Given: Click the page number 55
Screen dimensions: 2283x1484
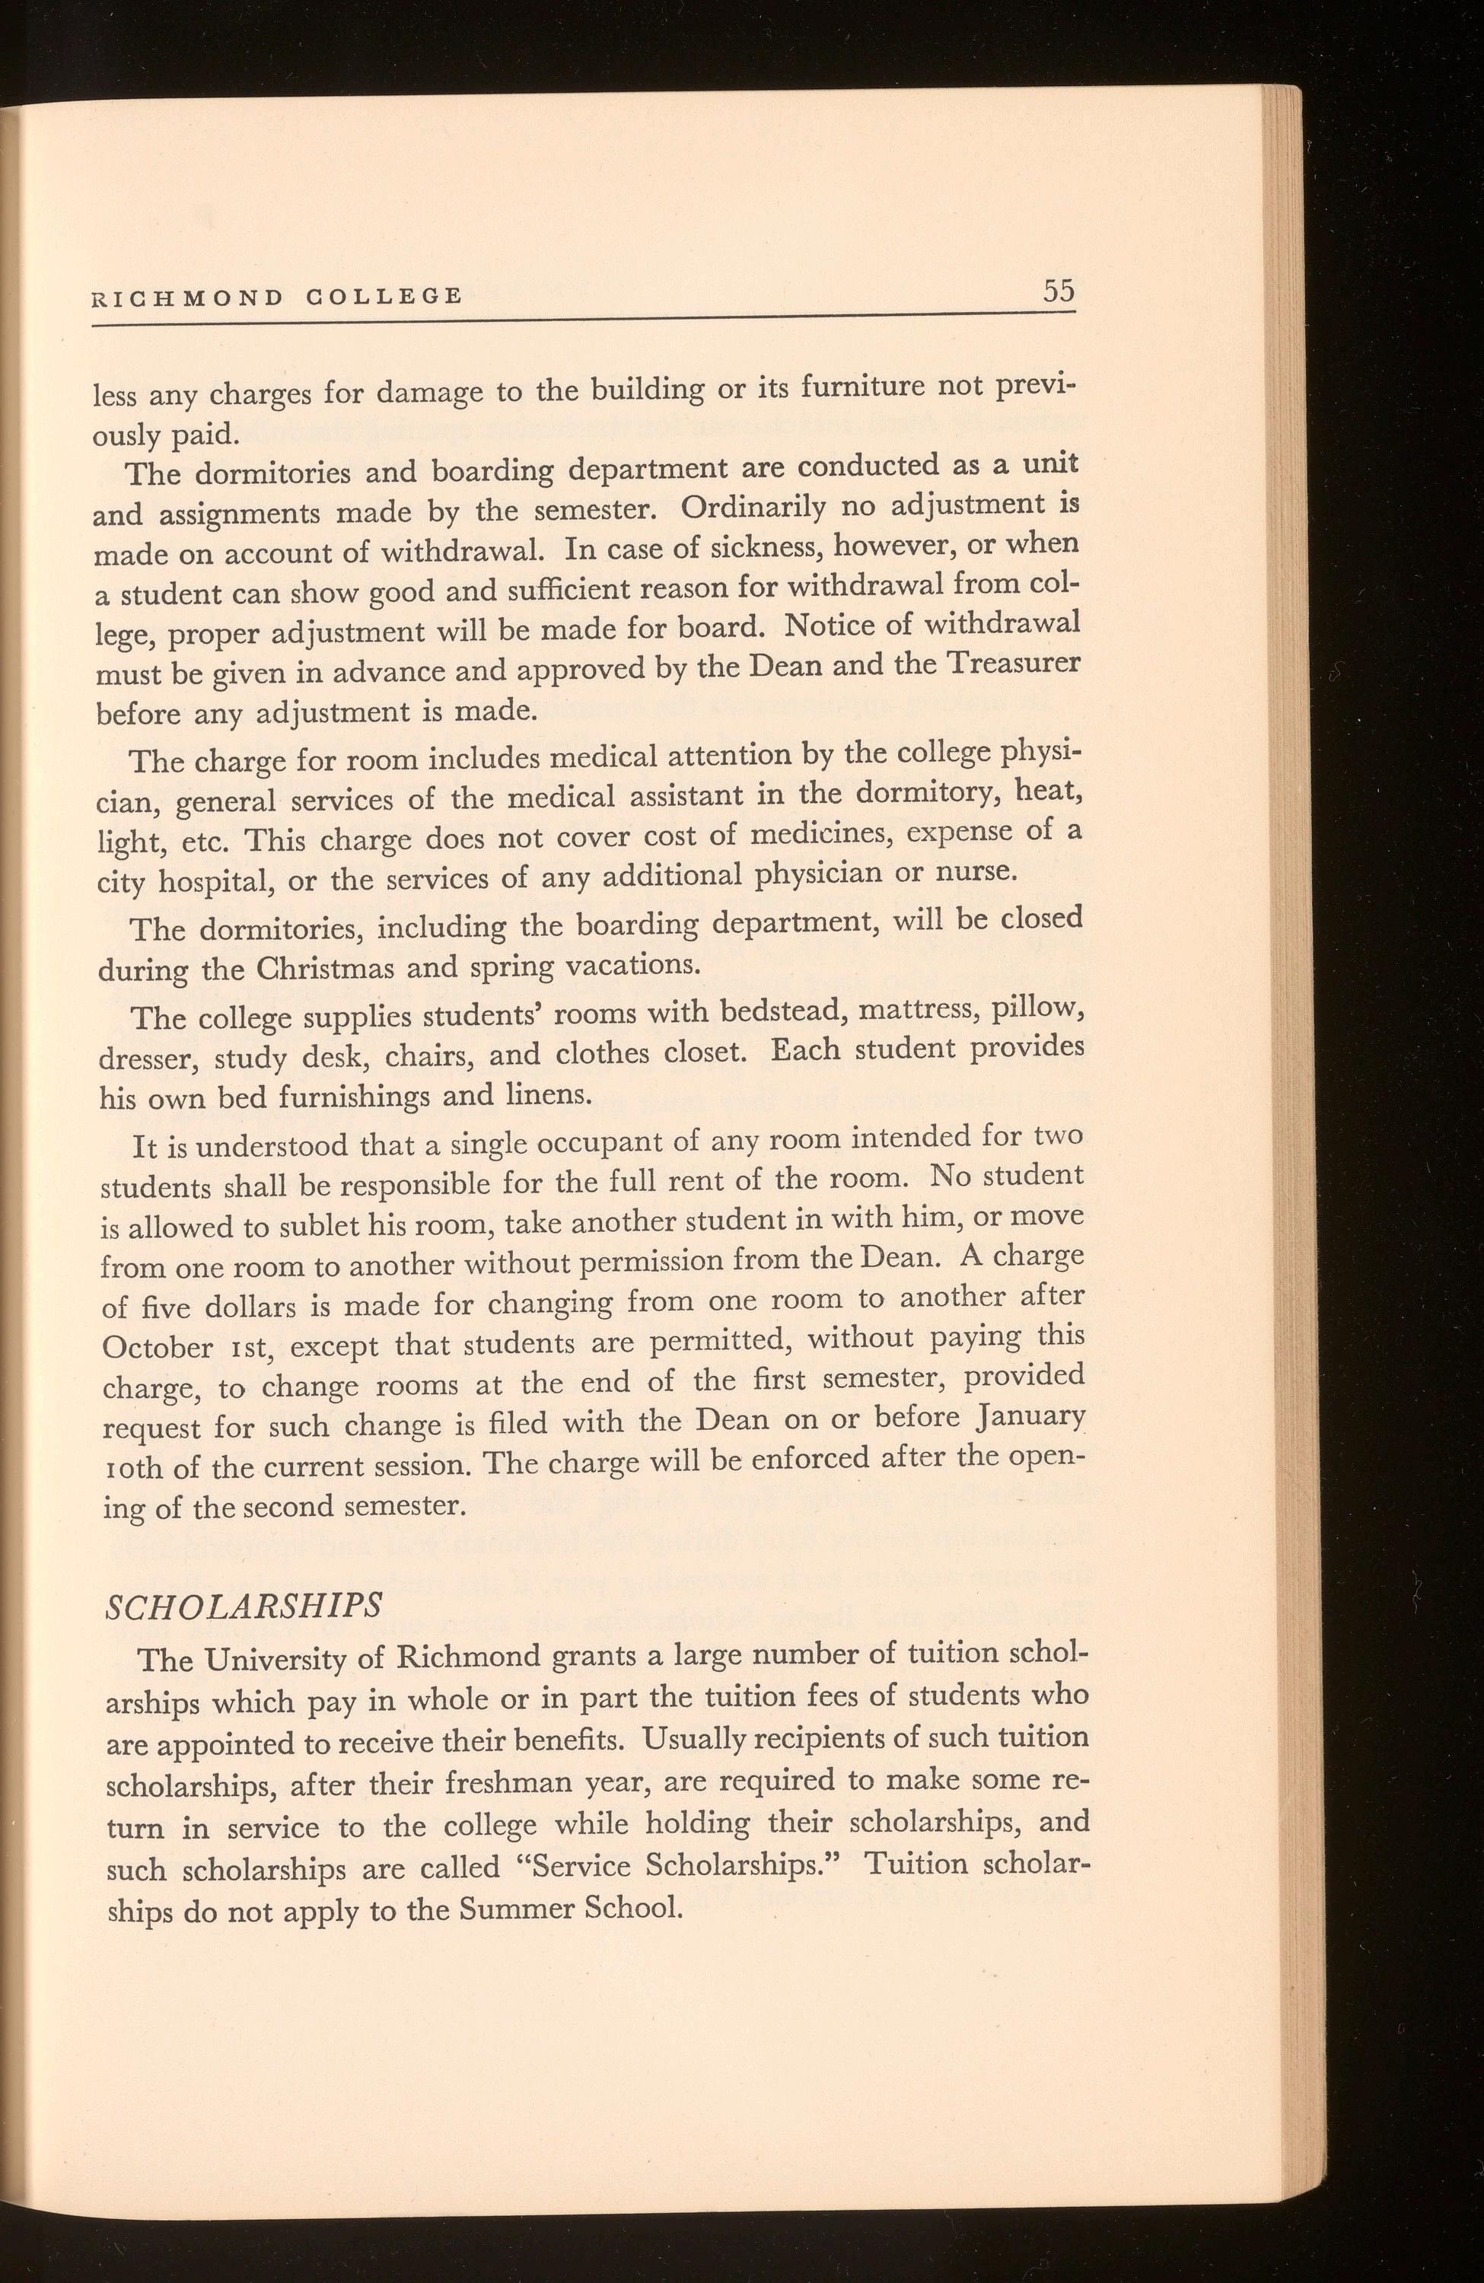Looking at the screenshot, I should click(x=1059, y=291).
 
